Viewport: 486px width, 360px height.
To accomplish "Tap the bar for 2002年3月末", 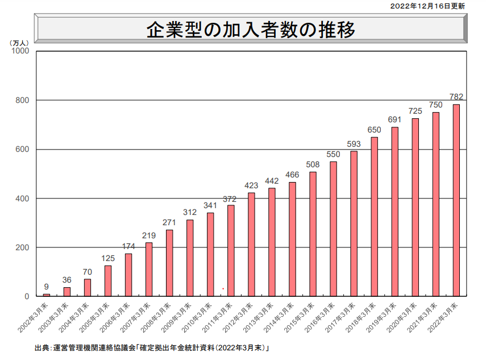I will [x=47, y=295].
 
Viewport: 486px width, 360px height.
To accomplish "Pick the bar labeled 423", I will [x=251, y=245].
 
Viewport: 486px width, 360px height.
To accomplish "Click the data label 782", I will [x=456, y=96].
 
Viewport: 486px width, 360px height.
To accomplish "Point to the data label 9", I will [x=47, y=286].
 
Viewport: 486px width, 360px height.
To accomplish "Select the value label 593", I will [x=354, y=143].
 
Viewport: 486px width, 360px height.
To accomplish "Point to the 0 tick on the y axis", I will [x=27, y=296].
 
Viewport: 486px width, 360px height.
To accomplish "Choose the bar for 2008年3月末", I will [x=169, y=263].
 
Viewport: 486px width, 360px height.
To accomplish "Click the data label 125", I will [x=108, y=258].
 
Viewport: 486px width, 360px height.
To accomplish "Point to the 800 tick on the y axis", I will [x=23, y=100].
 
